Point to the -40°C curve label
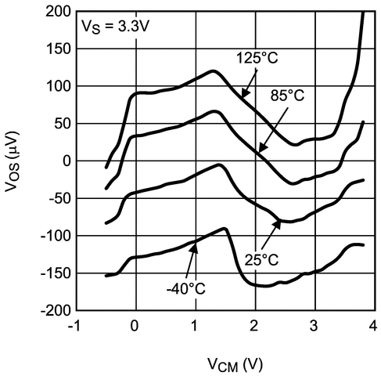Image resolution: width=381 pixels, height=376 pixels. coord(185,288)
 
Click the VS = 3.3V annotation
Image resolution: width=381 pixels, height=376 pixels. coord(118,25)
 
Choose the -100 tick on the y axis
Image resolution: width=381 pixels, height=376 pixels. coord(51,236)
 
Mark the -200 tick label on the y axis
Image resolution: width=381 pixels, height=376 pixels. coord(51,310)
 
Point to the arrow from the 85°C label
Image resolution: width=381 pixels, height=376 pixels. coord(268,134)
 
